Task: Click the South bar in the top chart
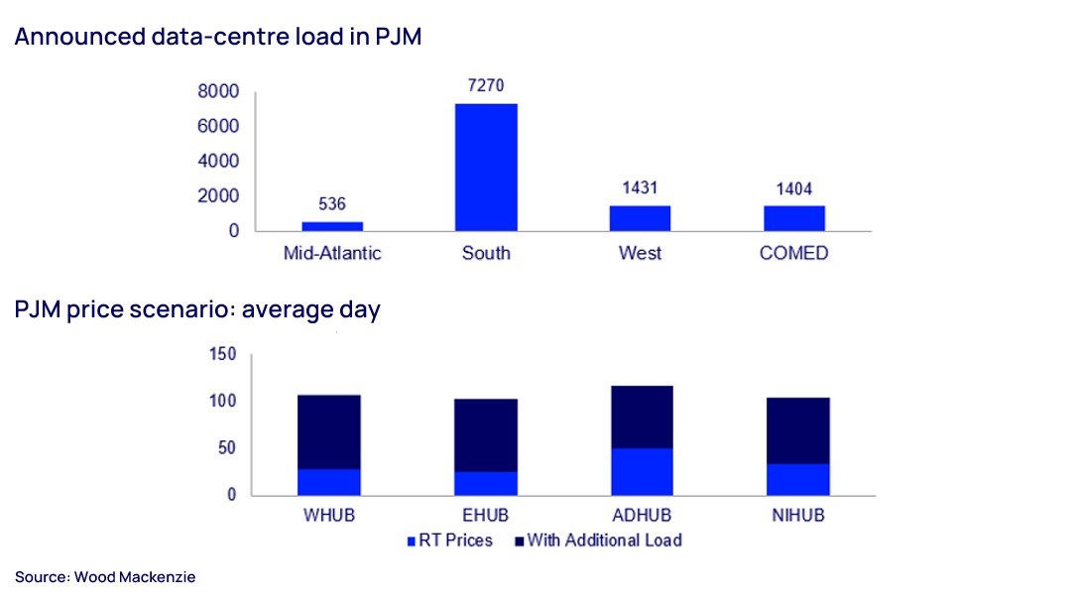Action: (486, 168)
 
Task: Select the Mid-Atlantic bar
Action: (332, 226)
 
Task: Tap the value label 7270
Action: (486, 85)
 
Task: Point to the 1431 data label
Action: (640, 187)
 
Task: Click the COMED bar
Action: (794, 218)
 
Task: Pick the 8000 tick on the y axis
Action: (218, 91)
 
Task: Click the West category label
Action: (640, 253)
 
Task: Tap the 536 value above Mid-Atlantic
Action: (332, 203)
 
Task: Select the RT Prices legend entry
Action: (450, 541)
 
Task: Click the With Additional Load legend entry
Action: (599, 541)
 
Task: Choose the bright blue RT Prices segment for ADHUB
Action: (642, 471)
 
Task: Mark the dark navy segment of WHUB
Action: (329, 431)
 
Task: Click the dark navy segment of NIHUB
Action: (798, 430)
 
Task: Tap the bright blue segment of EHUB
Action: (485, 483)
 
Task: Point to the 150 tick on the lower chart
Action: (223, 354)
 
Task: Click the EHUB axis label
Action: (485, 515)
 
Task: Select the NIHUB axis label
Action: (798, 515)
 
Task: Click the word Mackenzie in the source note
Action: (161, 577)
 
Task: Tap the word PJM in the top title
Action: (399, 37)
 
